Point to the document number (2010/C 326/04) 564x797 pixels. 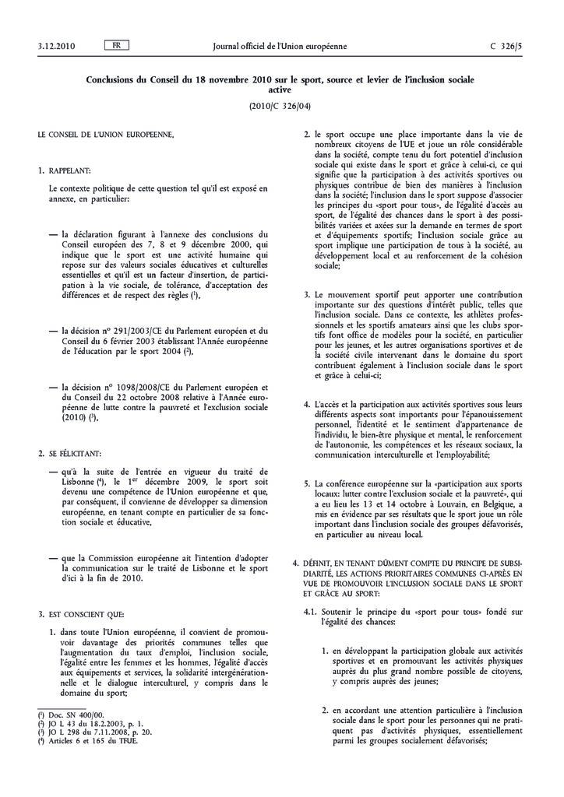tap(281, 105)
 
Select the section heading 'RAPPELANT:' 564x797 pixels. tap(69, 169)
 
